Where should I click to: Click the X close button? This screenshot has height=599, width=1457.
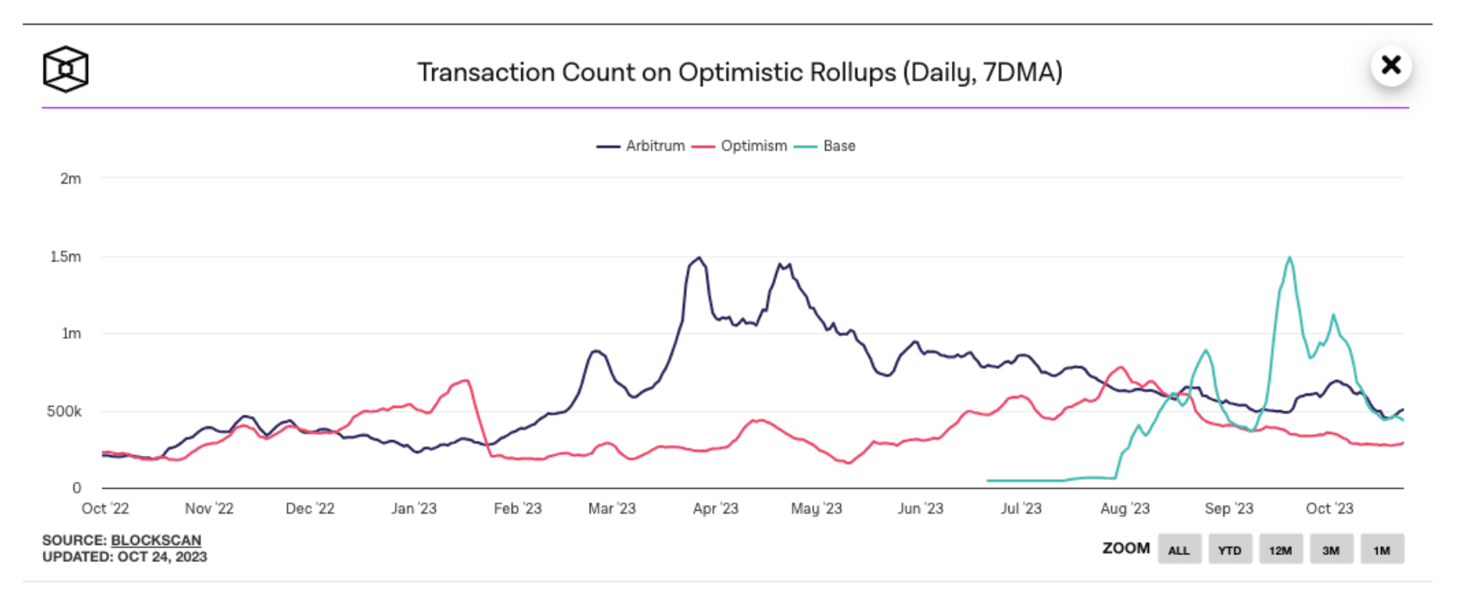coord(1391,65)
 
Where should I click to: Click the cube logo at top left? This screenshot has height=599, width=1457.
coord(65,69)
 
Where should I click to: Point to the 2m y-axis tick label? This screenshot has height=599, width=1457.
coord(71,179)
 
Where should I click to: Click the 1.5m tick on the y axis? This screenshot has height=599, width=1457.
coord(66,256)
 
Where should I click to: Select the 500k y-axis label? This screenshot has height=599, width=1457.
coord(64,411)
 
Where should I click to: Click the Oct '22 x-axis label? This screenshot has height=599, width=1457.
coord(105,508)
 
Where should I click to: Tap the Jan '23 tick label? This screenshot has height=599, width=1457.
coord(414,508)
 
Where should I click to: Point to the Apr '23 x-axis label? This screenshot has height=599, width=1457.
coord(716,508)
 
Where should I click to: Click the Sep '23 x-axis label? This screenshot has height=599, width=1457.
coord(1229,508)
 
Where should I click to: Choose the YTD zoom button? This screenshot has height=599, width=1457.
coord(1229,550)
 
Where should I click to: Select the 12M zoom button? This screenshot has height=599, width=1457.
coord(1280,550)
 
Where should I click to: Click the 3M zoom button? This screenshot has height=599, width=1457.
coord(1331,550)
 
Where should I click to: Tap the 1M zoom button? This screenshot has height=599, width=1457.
coord(1382,550)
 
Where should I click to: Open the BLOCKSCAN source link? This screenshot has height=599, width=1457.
coord(156,540)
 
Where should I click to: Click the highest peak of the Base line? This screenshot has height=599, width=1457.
coord(1289,258)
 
